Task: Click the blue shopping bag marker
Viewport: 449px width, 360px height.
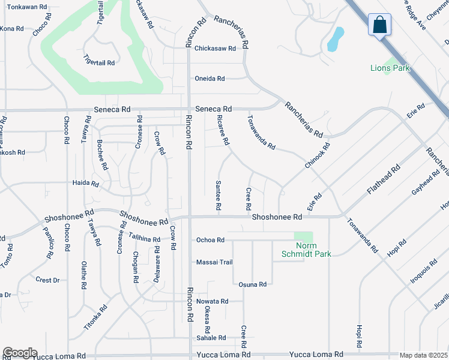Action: click(x=381, y=25)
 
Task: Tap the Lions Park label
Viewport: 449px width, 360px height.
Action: click(x=390, y=68)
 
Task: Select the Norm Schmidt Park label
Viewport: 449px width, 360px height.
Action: click(x=306, y=250)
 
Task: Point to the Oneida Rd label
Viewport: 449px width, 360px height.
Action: click(x=209, y=79)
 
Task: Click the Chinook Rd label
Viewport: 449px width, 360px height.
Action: click(x=318, y=155)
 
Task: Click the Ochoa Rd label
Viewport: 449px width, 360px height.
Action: click(x=210, y=240)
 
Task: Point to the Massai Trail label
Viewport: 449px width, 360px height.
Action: click(x=214, y=262)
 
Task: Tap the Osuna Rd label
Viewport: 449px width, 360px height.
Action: click(x=252, y=284)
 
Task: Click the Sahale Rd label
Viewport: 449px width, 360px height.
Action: click(x=210, y=338)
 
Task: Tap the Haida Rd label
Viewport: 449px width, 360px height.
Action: click(x=85, y=182)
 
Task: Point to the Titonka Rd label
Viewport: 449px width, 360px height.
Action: click(x=96, y=317)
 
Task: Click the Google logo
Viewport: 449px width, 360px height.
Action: click(x=20, y=353)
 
